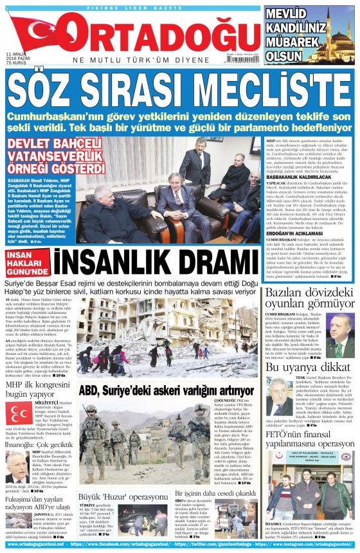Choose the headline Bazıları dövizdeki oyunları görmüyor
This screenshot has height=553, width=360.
coord(309,299)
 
